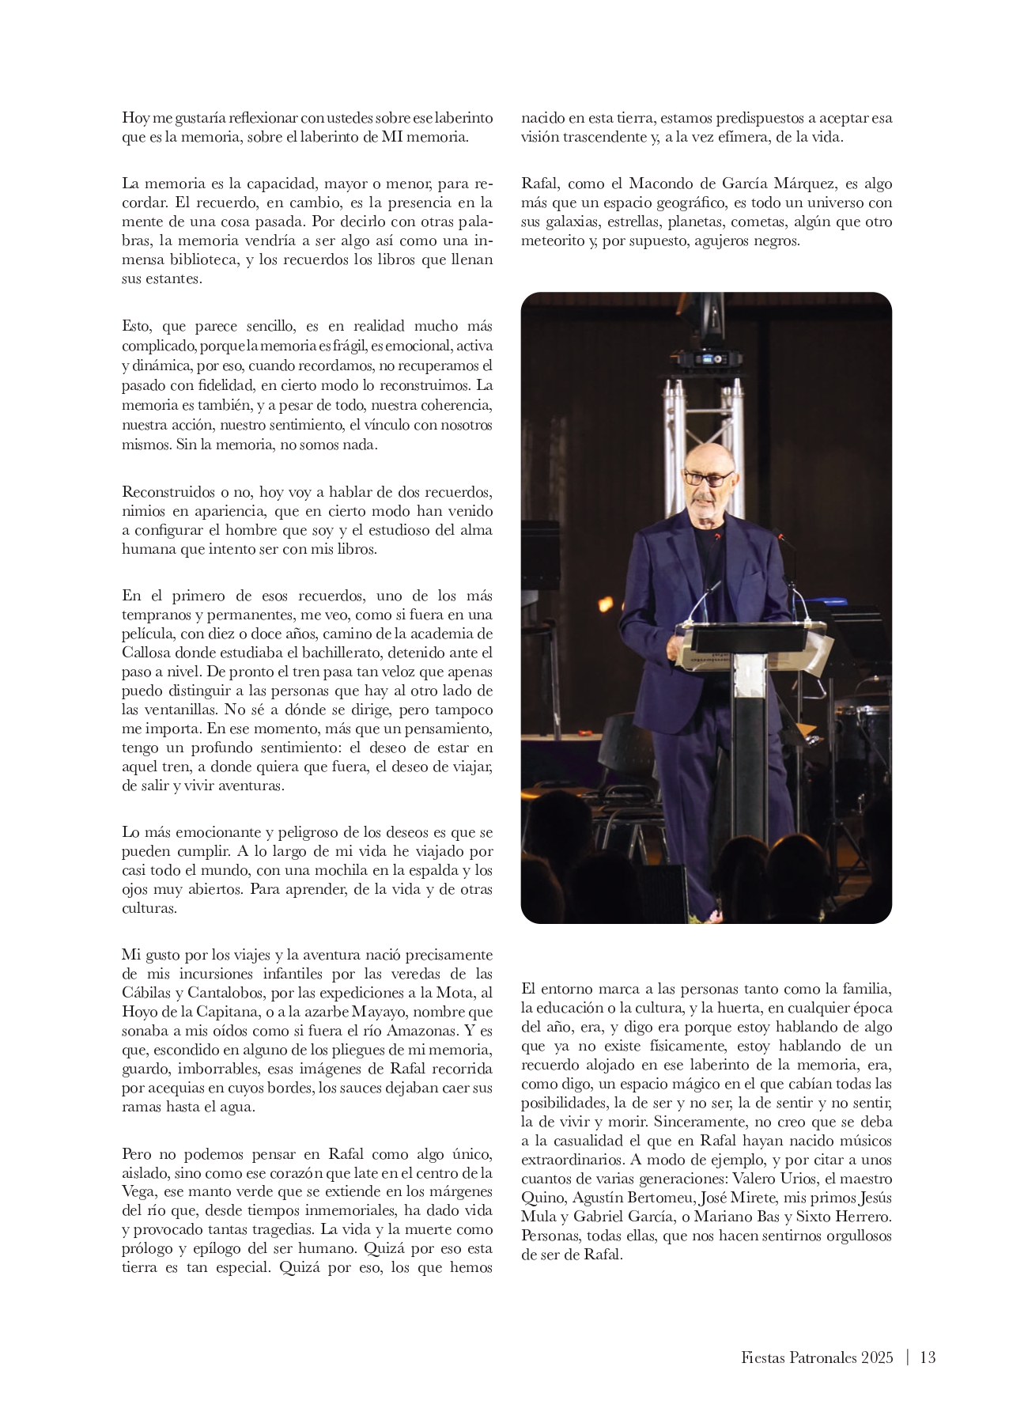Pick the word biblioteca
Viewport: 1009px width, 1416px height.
(x=195, y=260)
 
